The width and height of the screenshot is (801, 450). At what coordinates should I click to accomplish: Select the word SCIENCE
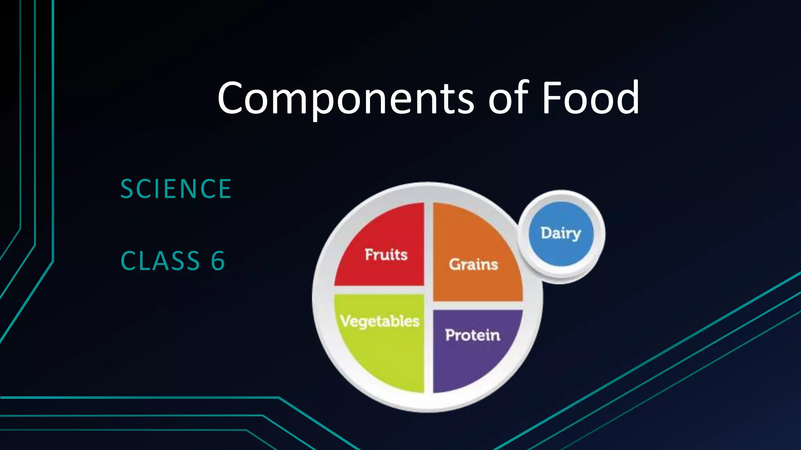click(x=176, y=189)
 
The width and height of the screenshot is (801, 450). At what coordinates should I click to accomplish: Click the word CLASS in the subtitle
click(x=160, y=261)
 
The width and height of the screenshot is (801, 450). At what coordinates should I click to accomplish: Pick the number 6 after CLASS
click(x=218, y=261)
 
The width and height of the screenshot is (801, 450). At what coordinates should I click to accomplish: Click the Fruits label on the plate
click(x=386, y=255)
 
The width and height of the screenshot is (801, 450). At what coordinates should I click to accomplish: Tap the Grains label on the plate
click(x=473, y=264)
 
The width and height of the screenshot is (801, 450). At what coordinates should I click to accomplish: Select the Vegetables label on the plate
click(x=380, y=321)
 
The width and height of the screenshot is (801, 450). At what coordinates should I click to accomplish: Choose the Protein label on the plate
click(x=472, y=335)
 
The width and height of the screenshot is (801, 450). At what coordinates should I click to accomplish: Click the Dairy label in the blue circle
click(x=560, y=233)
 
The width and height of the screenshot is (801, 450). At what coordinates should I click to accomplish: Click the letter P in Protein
click(x=451, y=335)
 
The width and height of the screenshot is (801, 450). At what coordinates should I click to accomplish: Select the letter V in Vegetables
click(x=346, y=321)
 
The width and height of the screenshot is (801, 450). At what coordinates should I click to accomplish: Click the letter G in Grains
click(x=455, y=264)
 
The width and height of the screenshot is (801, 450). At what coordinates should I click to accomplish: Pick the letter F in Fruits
click(x=369, y=254)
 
